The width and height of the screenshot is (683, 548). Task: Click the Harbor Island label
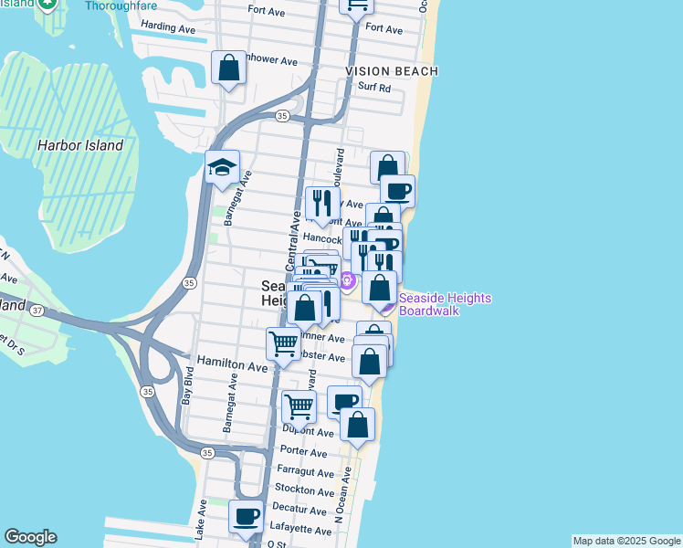[80, 145]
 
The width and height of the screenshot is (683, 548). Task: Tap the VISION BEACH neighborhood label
[392, 71]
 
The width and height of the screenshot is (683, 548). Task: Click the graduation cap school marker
[222, 168]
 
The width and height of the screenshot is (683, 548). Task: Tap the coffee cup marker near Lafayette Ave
[245, 517]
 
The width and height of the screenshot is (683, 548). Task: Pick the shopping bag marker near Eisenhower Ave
[228, 68]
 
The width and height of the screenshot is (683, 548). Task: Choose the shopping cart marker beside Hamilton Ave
[283, 345]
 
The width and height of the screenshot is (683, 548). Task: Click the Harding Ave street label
[169, 28]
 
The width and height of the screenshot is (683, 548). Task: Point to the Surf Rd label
[373, 89]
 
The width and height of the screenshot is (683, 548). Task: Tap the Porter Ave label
[304, 452]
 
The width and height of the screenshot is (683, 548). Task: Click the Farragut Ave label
[306, 472]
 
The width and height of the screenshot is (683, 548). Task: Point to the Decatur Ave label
[299, 510]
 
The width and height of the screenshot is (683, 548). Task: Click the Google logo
[30, 537]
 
